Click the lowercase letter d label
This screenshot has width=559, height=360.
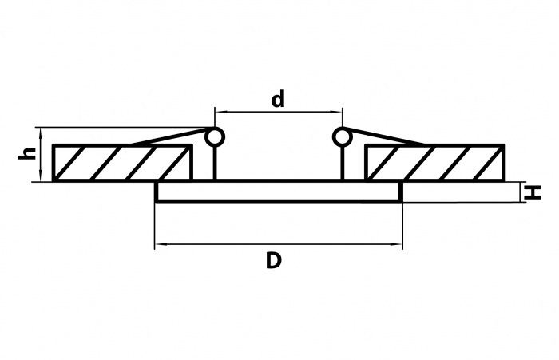[x=278, y=99]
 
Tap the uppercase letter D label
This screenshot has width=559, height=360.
[x=274, y=260]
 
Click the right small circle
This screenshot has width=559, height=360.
[x=342, y=137]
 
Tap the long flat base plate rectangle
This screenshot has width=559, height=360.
[x=278, y=192]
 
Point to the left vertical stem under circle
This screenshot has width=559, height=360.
[x=215, y=164]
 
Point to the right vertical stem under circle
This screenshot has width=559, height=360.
[x=342, y=164]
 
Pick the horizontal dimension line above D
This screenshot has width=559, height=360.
[x=278, y=244]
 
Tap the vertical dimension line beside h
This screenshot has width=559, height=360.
[x=38, y=154]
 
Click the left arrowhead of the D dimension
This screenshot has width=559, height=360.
[x=159, y=244]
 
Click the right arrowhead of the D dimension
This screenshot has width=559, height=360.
[x=397, y=244]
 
